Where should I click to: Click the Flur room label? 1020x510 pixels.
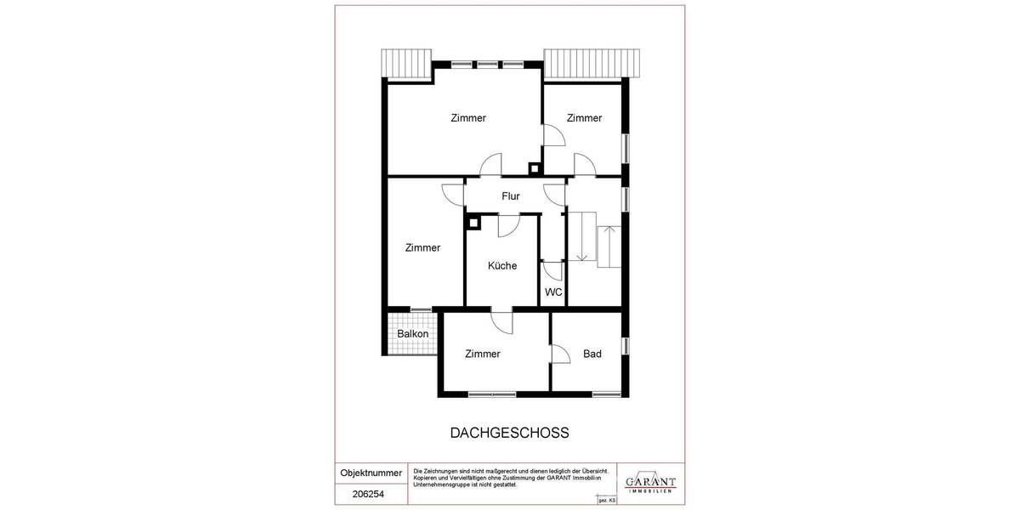[510, 196]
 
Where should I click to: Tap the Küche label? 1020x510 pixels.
[502, 266]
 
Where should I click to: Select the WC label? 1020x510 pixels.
[553, 292]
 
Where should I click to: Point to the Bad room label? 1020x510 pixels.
[592, 354]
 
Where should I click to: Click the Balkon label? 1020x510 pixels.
[412, 334]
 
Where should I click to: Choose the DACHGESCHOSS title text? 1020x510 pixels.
[509, 433]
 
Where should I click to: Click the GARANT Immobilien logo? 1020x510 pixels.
[650, 481]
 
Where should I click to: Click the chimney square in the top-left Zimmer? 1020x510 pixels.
[534, 167]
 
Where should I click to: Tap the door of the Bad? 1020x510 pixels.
[560, 354]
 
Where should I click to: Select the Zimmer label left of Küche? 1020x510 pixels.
[422, 248]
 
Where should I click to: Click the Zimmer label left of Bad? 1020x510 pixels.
[483, 354]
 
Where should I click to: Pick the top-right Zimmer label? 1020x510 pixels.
[584, 118]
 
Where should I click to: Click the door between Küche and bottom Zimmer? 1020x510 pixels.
[501, 322]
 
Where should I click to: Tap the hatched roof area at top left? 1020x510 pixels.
[406, 63]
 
